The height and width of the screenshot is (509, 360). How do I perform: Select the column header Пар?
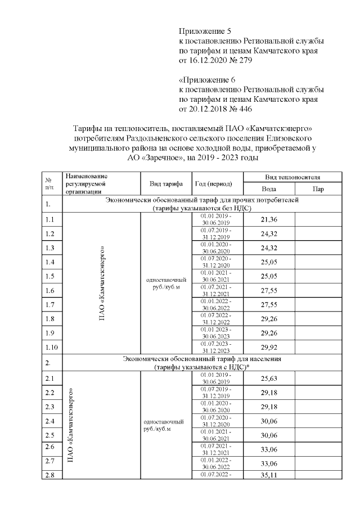[318, 189]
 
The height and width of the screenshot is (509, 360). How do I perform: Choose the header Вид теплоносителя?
[292, 177]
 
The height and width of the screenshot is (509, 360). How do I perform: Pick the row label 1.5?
[50, 276]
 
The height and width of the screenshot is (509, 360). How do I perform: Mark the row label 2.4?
[50, 421]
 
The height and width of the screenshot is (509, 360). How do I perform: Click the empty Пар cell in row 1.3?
[318, 247]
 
